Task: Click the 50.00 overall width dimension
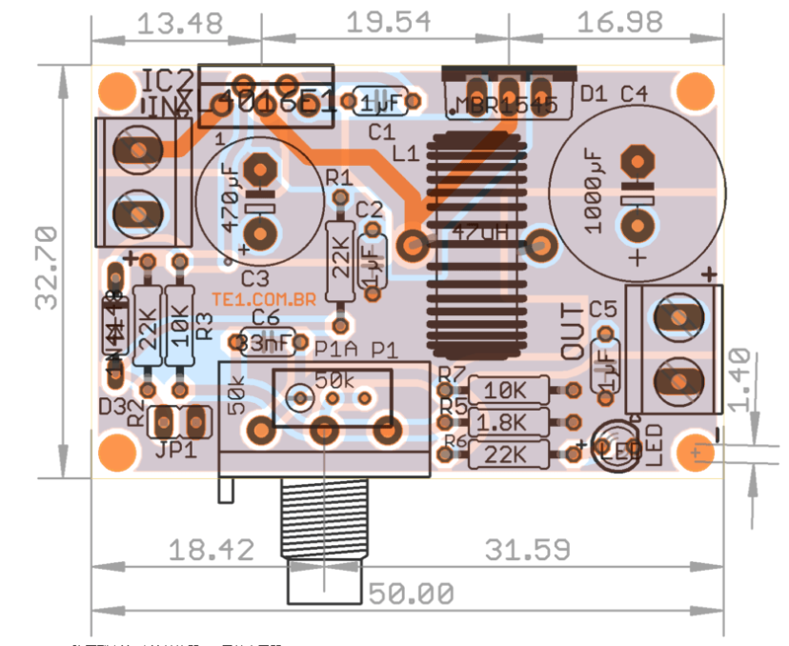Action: coord(411,594)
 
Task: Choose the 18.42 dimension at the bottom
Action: coord(212,550)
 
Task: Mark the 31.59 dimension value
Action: coord(528,550)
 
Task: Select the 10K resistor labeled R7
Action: coord(508,390)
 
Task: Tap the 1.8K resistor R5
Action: coord(508,421)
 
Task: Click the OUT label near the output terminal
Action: coord(573,332)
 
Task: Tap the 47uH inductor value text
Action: coord(476,232)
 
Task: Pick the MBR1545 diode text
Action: coord(506,105)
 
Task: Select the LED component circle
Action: coord(613,444)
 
